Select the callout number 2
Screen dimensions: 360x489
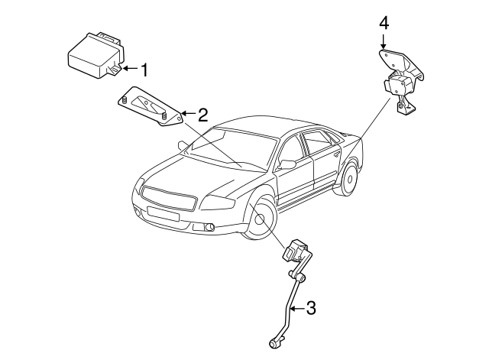[x=202, y=115]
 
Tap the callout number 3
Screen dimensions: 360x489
[x=310, y=308]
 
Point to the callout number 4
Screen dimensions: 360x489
[x=384, y=23]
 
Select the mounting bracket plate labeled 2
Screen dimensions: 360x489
[x=150, y=109]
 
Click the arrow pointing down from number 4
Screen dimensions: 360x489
[x=384, y=41]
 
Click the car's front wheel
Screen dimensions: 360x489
[x=261, y=218]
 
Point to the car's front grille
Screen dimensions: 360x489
[x=170, y=197]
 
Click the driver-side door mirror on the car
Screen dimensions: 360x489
[x=287, y=164]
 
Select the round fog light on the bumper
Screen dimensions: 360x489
[x=209, y=226]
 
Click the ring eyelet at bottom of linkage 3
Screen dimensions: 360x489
[x=273, y=344]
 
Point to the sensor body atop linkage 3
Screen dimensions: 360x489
[x=296, y=249]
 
